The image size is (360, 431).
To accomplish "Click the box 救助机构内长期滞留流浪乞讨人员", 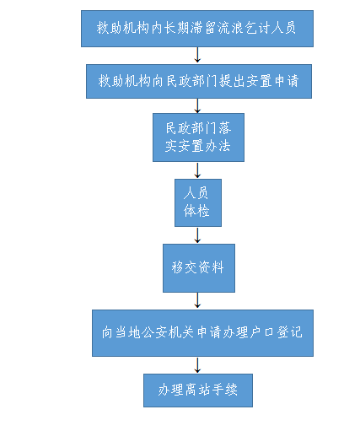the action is click(x=197, y=29).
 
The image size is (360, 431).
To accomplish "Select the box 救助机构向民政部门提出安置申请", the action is click(x=199, y=81).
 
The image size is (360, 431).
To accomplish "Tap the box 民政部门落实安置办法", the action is click(x=198, y=137).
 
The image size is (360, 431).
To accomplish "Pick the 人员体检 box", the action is click(x=198, y=202).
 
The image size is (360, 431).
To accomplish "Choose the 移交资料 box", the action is click(x=199, y=268).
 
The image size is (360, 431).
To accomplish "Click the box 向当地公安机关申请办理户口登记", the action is click(x=202, y=333).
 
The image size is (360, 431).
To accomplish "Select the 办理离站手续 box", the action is click(x=198, y=391).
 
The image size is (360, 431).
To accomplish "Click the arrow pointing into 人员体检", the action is click(x=197, y=170).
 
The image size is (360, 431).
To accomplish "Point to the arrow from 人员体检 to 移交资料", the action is click(x=197, y=235).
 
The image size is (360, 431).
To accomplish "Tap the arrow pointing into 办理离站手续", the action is click(x=197, y=365).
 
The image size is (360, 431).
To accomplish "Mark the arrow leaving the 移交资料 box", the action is click(x=197, y=300).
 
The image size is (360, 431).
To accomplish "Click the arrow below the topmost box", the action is click(x=197, y=55).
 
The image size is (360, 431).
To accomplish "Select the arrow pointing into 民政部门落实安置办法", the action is click(x=197, y=105).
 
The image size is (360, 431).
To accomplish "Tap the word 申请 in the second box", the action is click(x=287, y=81).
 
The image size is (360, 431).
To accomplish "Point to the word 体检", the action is click(x=196, y=211).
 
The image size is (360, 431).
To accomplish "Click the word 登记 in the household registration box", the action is click(x=290, y=332).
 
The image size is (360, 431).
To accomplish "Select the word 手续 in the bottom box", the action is click(x=225, y=390).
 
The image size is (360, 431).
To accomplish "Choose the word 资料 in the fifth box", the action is click(x=212, y=267).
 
